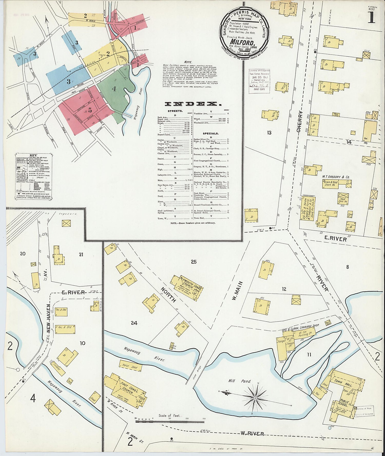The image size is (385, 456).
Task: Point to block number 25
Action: click(x=194, y=262)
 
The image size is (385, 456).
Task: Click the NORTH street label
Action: click(x=168, y=296)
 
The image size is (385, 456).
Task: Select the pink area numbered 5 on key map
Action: click(x=90, y=110)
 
